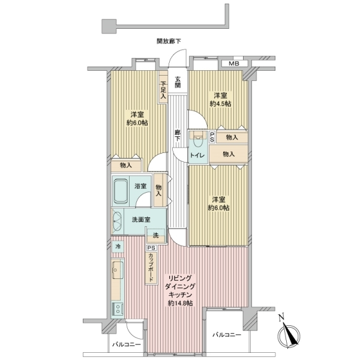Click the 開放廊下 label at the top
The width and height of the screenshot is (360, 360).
point(169,41)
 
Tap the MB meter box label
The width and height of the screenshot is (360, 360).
point(234,64)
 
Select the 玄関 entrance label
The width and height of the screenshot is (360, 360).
point(178,82)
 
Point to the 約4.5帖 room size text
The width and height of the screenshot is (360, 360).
point(220,104)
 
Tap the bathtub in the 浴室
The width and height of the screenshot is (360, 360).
point(121,191)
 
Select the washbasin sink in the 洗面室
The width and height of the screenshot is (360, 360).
point(117,222)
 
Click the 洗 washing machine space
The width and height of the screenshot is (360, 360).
point(156,236)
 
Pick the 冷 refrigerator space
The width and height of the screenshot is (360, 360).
point(118,247)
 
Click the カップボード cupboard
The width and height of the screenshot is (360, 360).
point(151,267)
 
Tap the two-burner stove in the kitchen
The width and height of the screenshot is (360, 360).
point(118,309)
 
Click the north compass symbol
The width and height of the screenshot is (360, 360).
point(289,335)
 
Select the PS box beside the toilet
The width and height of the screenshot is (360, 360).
point(212,137)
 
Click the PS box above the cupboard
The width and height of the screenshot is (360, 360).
point(152,248)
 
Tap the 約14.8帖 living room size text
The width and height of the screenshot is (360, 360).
point(180,303)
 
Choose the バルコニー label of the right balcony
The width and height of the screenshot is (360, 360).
point(227,335)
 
